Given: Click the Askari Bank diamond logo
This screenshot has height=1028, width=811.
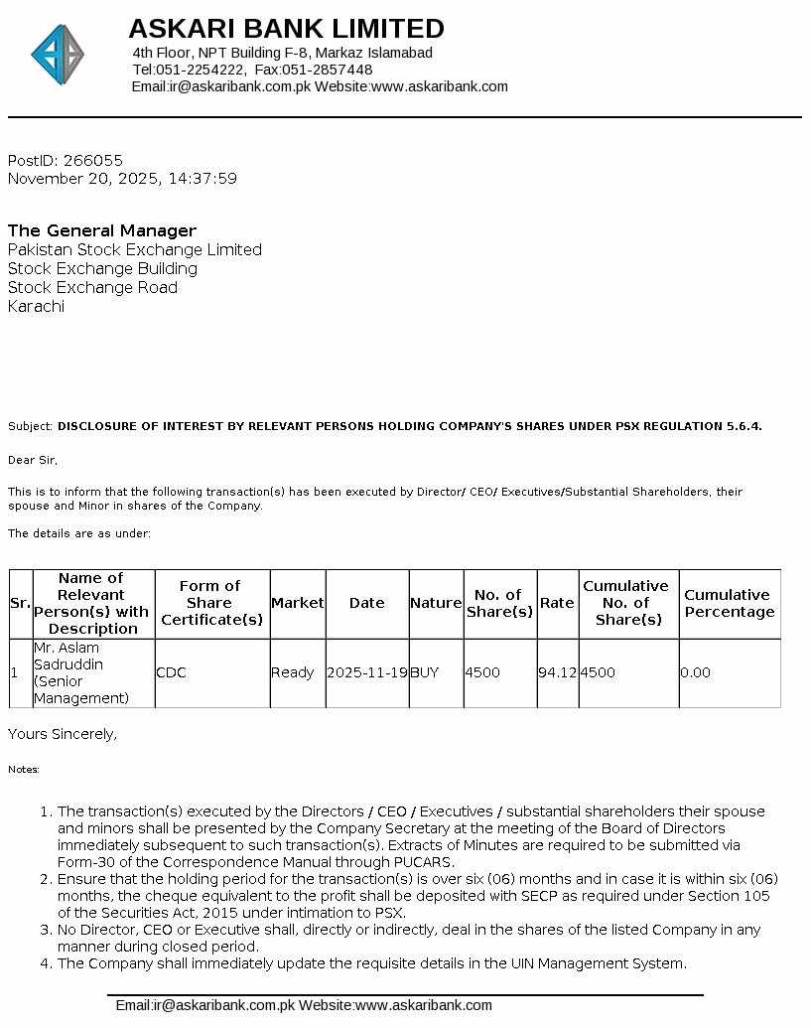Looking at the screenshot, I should (x=58, y=55).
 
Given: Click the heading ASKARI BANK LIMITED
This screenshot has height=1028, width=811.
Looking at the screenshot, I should (x=286, y=28).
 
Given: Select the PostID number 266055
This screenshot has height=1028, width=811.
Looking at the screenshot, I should (x=92, y=160).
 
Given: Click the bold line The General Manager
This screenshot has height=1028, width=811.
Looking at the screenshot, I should (x=102, y=230).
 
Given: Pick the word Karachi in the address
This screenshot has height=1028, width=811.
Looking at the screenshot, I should (x=36, y=306).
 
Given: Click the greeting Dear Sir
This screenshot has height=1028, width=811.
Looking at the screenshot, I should (x=33, y=460).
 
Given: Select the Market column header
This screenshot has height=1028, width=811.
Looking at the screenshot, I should (x=297, y=603).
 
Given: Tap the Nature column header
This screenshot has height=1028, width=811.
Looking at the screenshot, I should (x=436, y=603).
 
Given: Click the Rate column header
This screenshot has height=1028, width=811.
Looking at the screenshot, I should (x=557, y=603).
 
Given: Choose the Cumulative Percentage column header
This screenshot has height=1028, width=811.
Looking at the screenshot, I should (x=730, y=603).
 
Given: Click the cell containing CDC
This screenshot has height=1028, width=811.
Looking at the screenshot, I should (x=171, y=672).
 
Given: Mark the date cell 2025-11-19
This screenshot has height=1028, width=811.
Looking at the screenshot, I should (x=366, y=672).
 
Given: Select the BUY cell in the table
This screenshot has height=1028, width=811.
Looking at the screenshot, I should (x=425, y=672).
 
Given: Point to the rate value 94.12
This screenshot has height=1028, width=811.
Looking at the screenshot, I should (x=557, y=672).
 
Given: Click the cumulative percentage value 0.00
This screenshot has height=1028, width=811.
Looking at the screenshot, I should (x=695, y=672).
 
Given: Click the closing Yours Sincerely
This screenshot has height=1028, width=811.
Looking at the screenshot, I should (x=63, y=734).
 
